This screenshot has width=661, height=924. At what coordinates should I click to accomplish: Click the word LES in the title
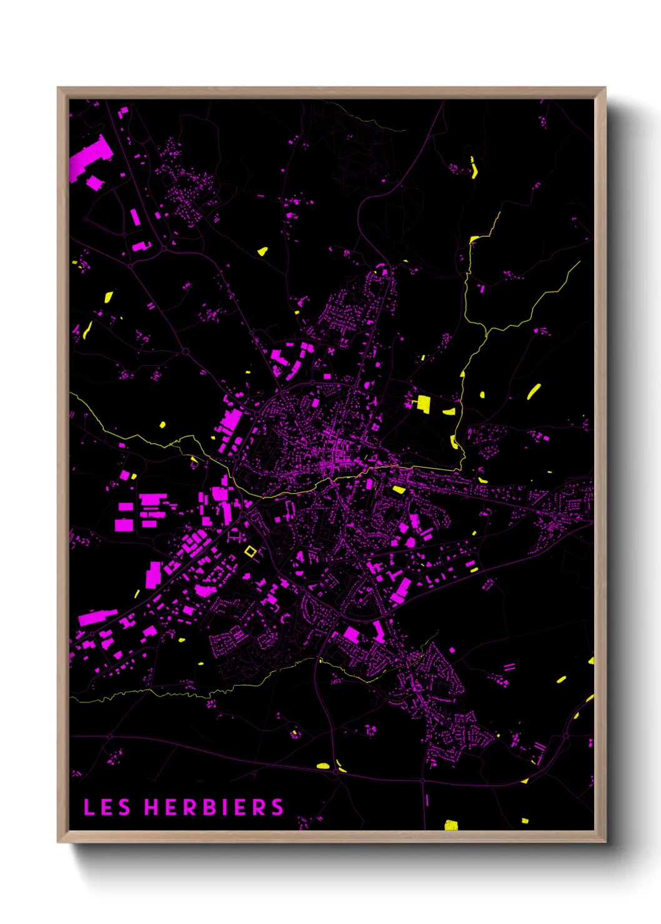pyautogui.click(x=107, y=807)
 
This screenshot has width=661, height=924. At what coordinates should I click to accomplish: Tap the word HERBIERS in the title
pyautogui.click(x=214, y=807)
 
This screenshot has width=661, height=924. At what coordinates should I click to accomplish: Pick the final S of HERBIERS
pyautogui.click(x=277, y=807)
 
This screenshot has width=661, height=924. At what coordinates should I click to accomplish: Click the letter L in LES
pyautogui.click(x=89, y=807)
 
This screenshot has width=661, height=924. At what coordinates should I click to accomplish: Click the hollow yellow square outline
pyautogui.click(x=251, y=551)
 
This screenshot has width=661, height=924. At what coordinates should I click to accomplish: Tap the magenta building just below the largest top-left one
pyautogui.click(x=94, y=183)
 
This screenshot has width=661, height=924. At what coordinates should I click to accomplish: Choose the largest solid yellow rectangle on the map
pyautogui.click(x=424, y=403)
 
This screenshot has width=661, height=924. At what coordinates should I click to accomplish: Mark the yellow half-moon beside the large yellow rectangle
pyautogui.click(x=449, y=411)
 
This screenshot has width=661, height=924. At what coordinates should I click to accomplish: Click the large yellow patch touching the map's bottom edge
pyautogui.click(x=451, y=825)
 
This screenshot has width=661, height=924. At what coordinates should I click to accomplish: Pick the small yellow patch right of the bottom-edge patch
pyautogui.click(x=525, y=820)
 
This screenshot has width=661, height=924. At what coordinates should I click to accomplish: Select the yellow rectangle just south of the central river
pyautogui.click(x=399, y=489)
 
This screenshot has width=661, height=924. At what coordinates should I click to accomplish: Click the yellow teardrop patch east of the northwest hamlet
pyautogui.click(x=262, y=251)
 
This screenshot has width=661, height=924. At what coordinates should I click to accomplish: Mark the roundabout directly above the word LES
pyautogui.click(x=110, y=737)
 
